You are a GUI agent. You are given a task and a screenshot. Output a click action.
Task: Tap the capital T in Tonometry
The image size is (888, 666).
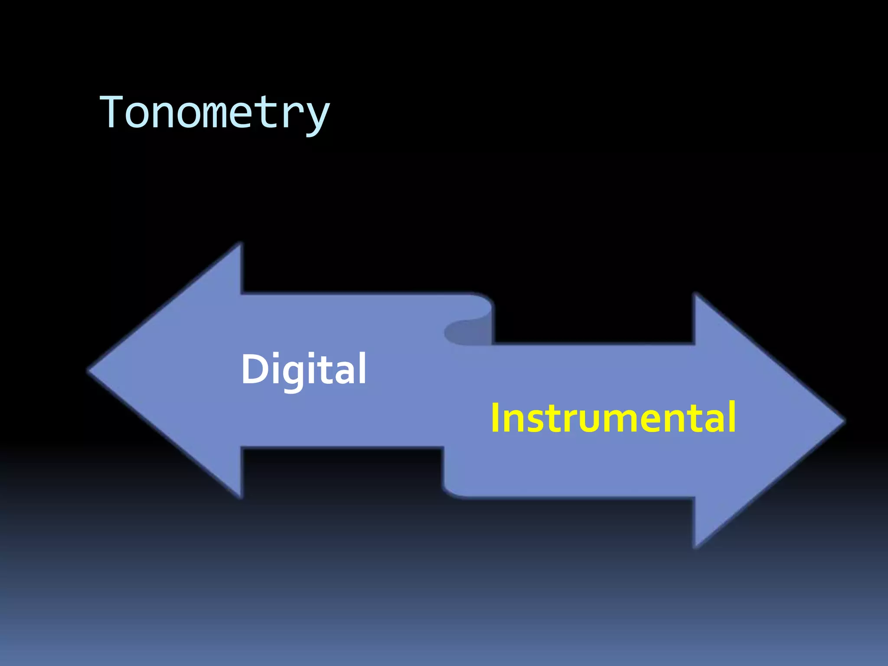[113, 112]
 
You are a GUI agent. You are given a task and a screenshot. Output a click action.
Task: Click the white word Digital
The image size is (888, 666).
[304, 369]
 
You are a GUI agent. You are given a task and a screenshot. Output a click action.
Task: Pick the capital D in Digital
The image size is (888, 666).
[256, 369]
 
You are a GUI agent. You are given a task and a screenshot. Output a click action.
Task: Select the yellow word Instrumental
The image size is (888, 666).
[613, 417]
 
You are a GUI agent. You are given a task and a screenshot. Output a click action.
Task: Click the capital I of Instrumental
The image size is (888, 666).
[495, 417]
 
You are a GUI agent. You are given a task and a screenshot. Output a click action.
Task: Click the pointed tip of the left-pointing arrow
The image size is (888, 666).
[89, 371]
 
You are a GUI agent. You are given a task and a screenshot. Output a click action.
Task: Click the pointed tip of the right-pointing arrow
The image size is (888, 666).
[843, 420]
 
